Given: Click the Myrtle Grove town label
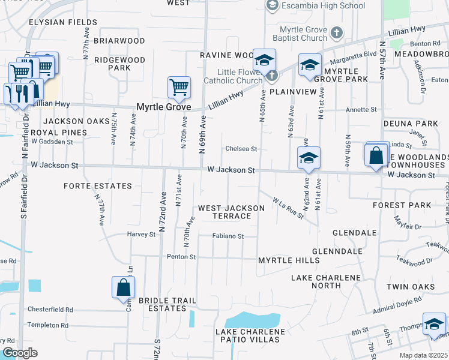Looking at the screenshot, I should (x=163, y=107).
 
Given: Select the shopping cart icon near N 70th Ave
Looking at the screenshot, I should (x=179, y=88).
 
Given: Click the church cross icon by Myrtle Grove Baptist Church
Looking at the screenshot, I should (x=337, y=32).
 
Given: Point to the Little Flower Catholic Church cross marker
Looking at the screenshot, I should (x=272, y=75).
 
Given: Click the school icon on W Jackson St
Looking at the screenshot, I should (x=309, y=158).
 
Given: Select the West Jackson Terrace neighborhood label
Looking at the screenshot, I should (x=231, y=212).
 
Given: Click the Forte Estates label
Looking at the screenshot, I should (x=98, y=186).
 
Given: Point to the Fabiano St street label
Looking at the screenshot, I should (x=228, y=236).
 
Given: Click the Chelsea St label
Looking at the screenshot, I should (x=241, y=149).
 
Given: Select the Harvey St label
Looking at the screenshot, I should (x=141, y=234).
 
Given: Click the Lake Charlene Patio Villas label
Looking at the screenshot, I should (x=248, y=335).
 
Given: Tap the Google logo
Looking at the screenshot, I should (x=20, y=353).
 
